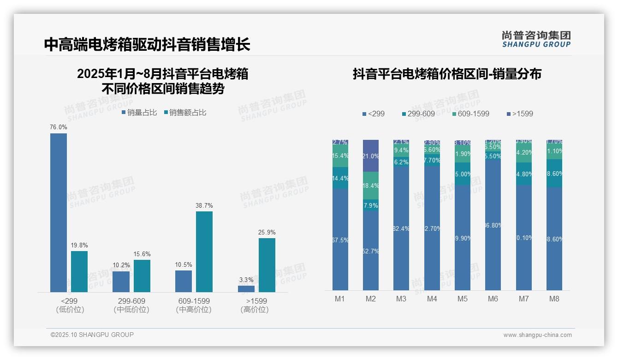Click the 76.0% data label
coord(59,127)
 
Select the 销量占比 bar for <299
coord(59,212)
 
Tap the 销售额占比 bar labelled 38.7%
coord(204,252)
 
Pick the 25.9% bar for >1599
coord(267,265)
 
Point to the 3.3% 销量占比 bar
coord(246,289)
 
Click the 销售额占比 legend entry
coord(185,113)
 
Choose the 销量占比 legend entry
coord(139,113)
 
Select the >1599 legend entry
coord(520,114)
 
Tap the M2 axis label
coord(371,299)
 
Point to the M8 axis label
coord(554,299)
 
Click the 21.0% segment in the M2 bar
coord(371,156)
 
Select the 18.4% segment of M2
coord(371,186)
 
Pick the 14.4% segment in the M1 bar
coord(340,178)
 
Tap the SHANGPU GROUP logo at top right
coord(536,39)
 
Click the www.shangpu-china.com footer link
coord(537,335)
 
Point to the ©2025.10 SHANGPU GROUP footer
coord(92,335)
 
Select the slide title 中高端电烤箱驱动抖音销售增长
coord(147,44)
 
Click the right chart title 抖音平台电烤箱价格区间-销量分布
coord(447,74)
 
